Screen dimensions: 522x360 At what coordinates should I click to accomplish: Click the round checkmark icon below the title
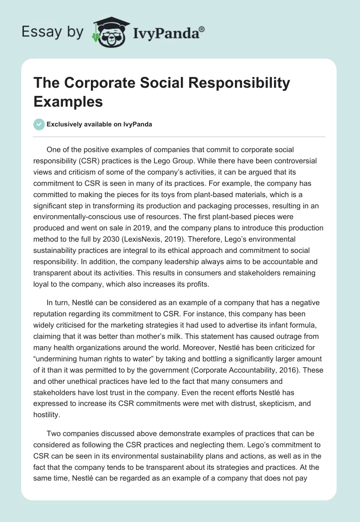(x=39, y=125)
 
